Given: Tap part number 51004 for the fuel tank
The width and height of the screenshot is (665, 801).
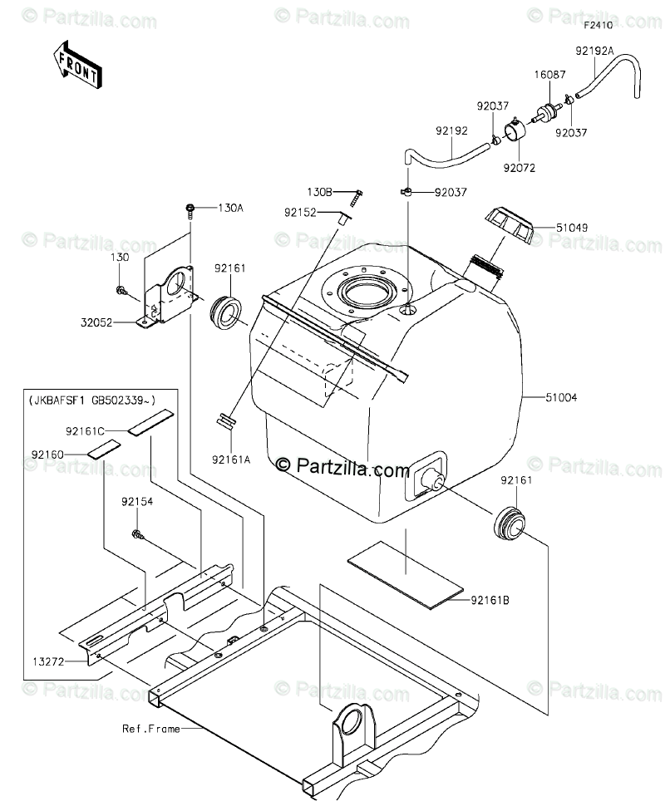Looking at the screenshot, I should pyautogui.click(x=561, y=398).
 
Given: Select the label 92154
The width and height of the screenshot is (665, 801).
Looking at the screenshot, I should pyautogui.click(x=136, y=502).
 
